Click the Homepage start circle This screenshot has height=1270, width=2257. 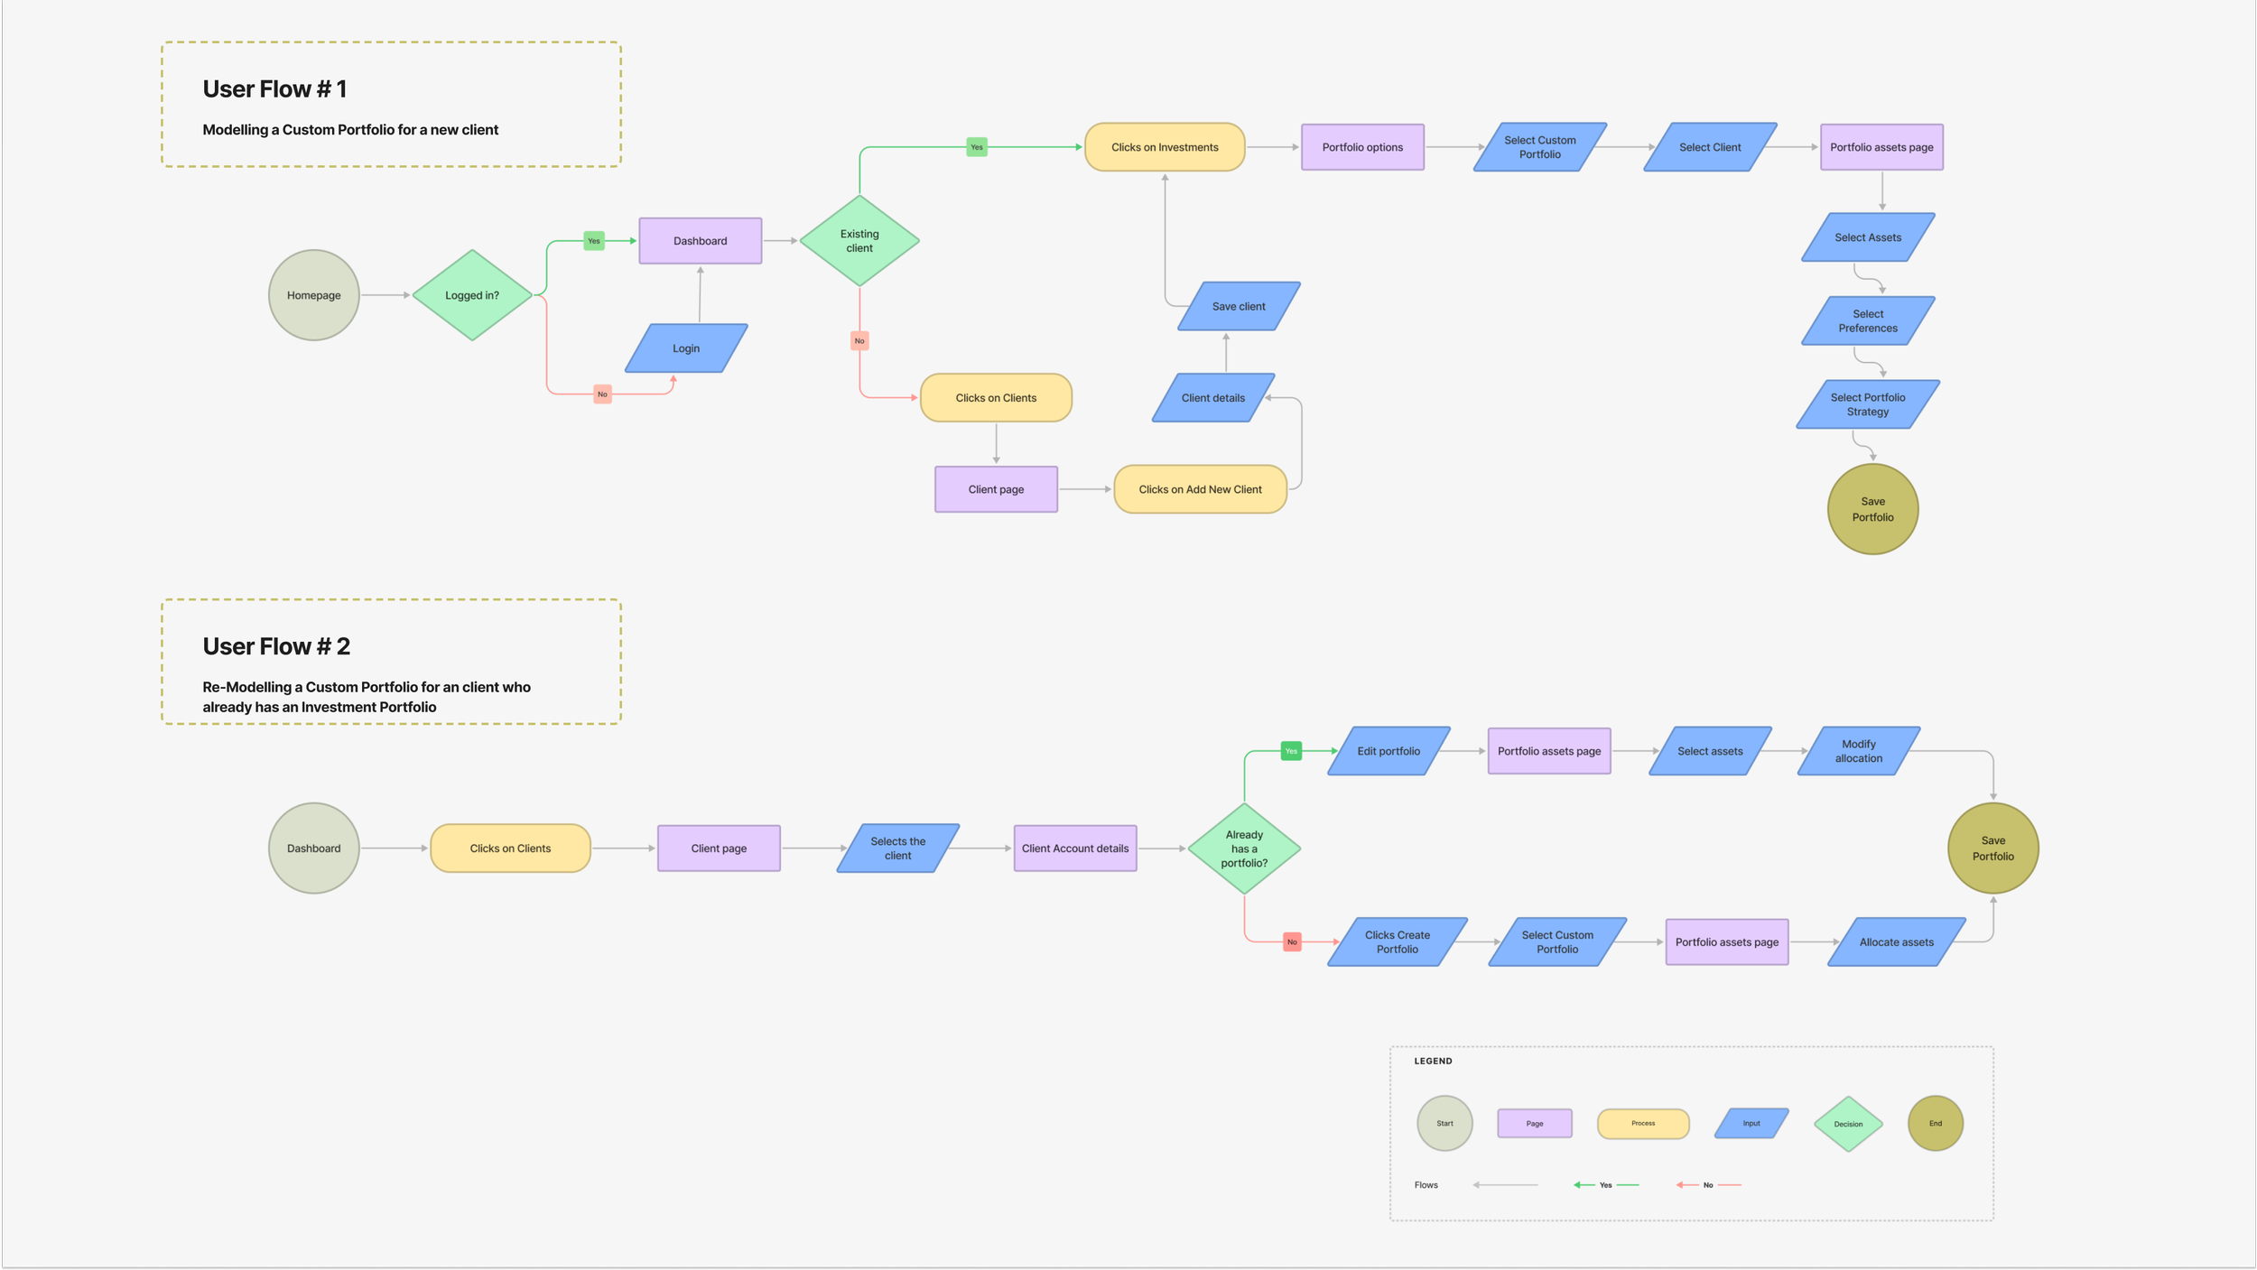point(314,295)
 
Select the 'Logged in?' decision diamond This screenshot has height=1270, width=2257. point(472,295)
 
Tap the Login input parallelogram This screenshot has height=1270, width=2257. point(686,348)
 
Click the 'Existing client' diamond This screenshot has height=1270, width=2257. point(859,241)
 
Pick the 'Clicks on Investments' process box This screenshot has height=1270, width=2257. point(1165,147)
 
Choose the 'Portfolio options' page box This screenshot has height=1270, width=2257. point(1362,147)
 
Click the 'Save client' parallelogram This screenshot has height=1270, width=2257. point(1239,307)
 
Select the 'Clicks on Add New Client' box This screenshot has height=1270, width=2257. point(1200,489)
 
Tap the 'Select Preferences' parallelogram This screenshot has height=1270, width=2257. point(1868,321)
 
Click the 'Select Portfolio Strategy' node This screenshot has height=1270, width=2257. point(1868,404)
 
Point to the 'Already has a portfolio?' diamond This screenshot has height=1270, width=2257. point(1244,848)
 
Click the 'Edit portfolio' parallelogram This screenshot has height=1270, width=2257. point(1389,751)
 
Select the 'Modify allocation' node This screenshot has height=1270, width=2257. point(1859,751)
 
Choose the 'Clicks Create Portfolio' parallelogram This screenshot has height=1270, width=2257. point(1398,942)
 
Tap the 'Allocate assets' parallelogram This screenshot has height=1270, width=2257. point(1897,942)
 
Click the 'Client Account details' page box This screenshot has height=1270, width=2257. point(1075,848)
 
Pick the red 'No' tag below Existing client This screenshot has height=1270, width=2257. point(859,340)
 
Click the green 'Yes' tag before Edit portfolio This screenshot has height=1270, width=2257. point(1291,751)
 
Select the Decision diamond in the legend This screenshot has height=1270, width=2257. point(1848,1124)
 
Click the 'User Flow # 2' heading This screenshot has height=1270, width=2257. point(276,646)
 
